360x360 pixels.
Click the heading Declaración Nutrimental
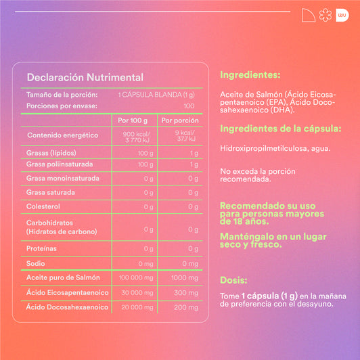tap(85, 77)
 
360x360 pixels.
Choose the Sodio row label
tap(35, 263)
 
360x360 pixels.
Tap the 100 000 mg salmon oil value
tap(133, 278)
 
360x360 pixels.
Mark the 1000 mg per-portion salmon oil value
tap(184, 278)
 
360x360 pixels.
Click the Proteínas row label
tap(41, 249)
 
